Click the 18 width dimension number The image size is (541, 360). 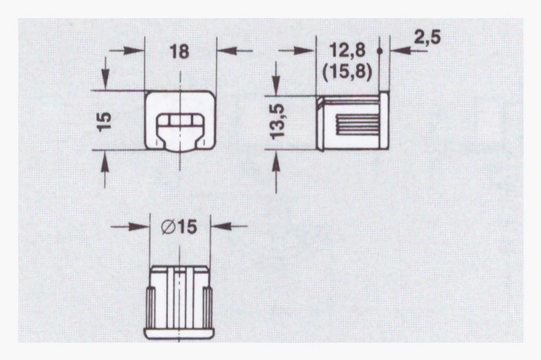pos(180,52)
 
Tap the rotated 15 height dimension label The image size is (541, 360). pos(104,122)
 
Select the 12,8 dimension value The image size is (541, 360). pos(347,50)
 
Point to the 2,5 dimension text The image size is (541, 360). pos(427,37)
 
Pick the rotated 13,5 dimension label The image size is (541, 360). pos(277,122)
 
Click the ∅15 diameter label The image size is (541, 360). pos(179,227)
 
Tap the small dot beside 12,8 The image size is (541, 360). pos(380,51)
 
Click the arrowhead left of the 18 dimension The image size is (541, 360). pos(134,51)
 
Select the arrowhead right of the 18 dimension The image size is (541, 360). pos(227,51)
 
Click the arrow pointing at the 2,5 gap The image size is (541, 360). pos(409,51)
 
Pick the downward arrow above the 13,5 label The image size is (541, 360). pos(276,78)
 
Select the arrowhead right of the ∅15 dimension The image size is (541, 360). pos(221,226)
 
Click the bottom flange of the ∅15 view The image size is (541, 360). pos(179,334)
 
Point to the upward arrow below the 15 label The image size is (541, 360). pos(105,169)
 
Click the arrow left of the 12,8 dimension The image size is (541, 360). pos(297,51)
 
